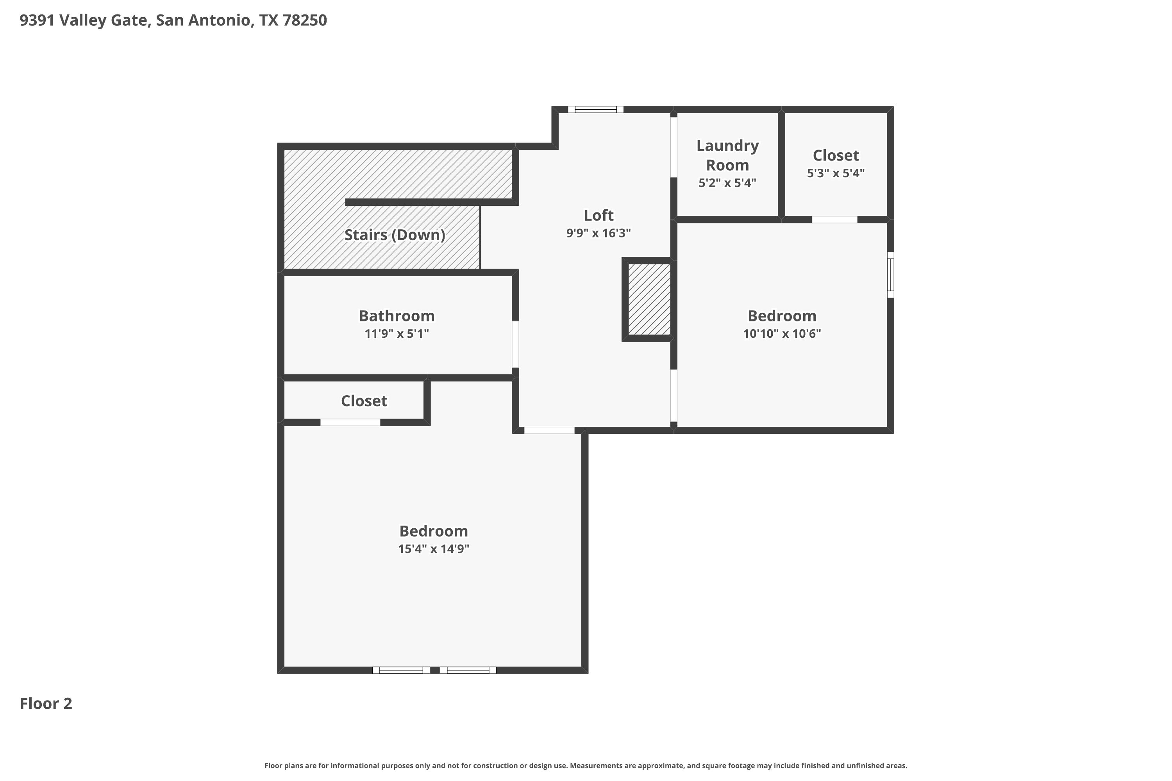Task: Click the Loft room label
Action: tap(599, 215)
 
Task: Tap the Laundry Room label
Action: tap(727, 155)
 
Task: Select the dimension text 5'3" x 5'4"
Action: tap(836, 173)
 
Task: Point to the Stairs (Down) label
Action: tap(395, 235)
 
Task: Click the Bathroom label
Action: tap(397, 316)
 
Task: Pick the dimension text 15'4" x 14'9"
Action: tap(434, 549)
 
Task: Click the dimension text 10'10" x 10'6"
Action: tap(782, 334)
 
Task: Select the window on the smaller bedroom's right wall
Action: tap(890, 275)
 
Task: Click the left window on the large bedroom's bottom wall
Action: tap(401, 670)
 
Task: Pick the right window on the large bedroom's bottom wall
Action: tap(468, 670)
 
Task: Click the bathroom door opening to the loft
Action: tap(515, 344)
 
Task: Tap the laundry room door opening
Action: tap(674, 147)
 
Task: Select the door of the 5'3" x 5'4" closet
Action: tap(834, 219)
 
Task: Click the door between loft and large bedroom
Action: tap(549, 430)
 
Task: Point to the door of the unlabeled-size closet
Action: tap(350, 423)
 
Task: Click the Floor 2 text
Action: tap(46, 703)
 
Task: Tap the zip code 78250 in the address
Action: tap(304, 20)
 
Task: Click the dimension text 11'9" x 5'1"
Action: tap(397, 334)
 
